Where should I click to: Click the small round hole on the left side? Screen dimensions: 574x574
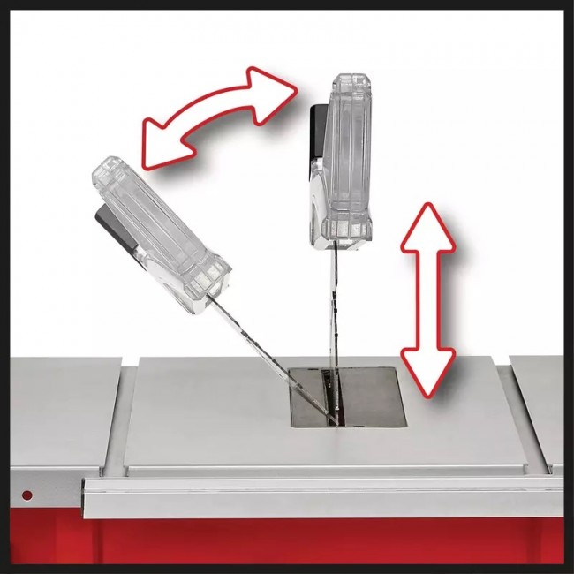click(26, 493)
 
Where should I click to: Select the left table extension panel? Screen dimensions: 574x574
click(57, 415)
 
